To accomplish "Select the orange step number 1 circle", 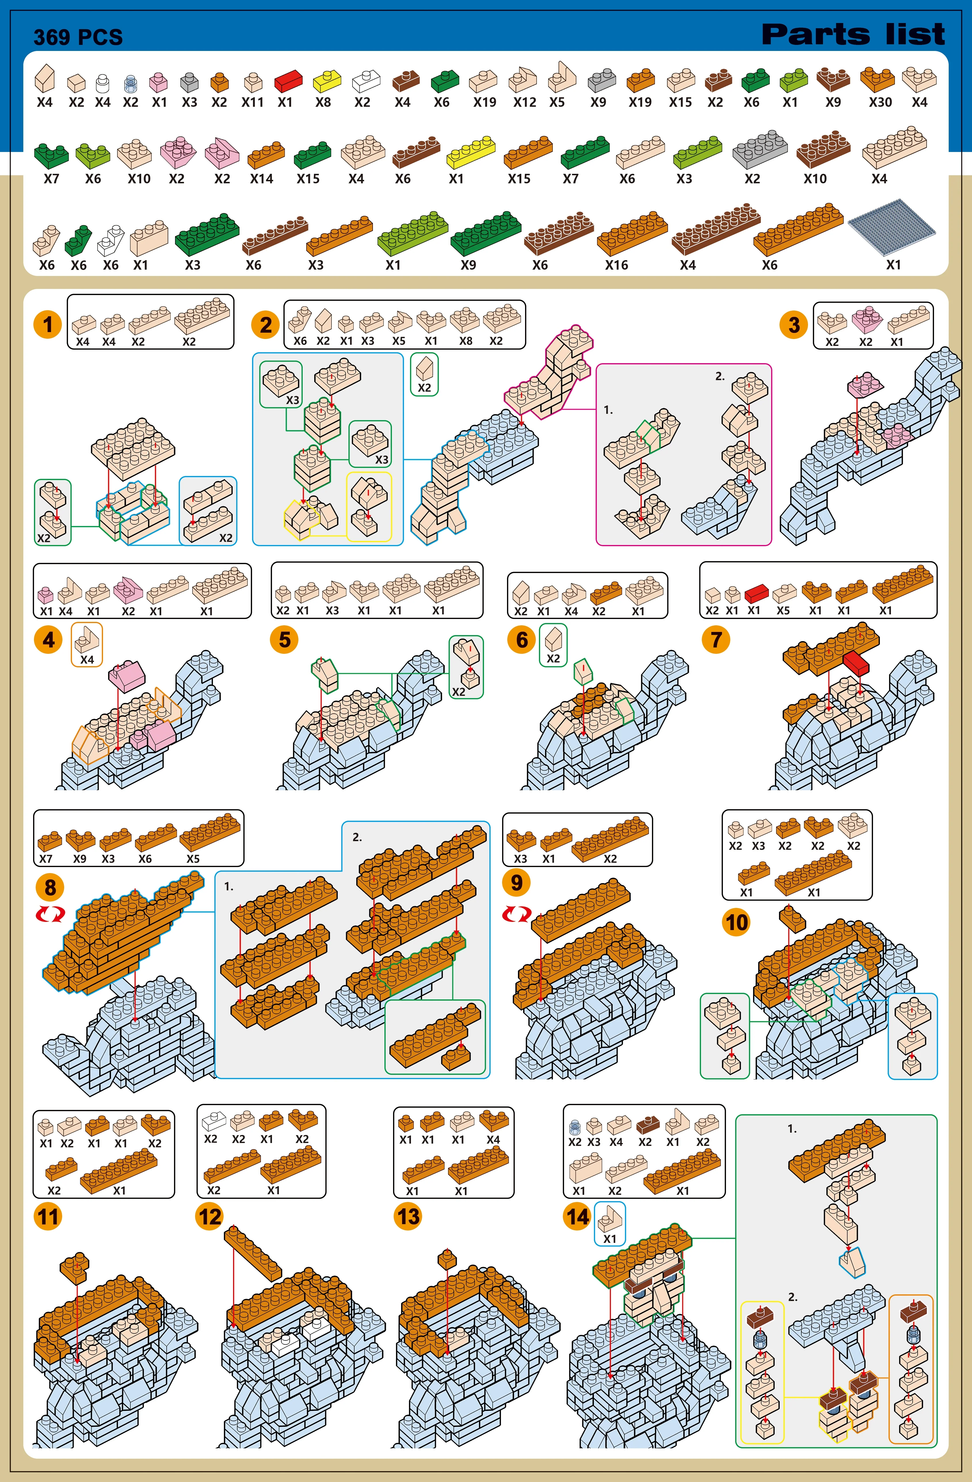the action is [x=48, y=324].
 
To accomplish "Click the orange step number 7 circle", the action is [x=716, y=639].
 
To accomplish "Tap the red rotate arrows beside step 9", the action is [x=517, y=914].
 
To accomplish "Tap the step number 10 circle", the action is [x=736, y=922].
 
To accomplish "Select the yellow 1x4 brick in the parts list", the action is [x=471, y=153].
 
